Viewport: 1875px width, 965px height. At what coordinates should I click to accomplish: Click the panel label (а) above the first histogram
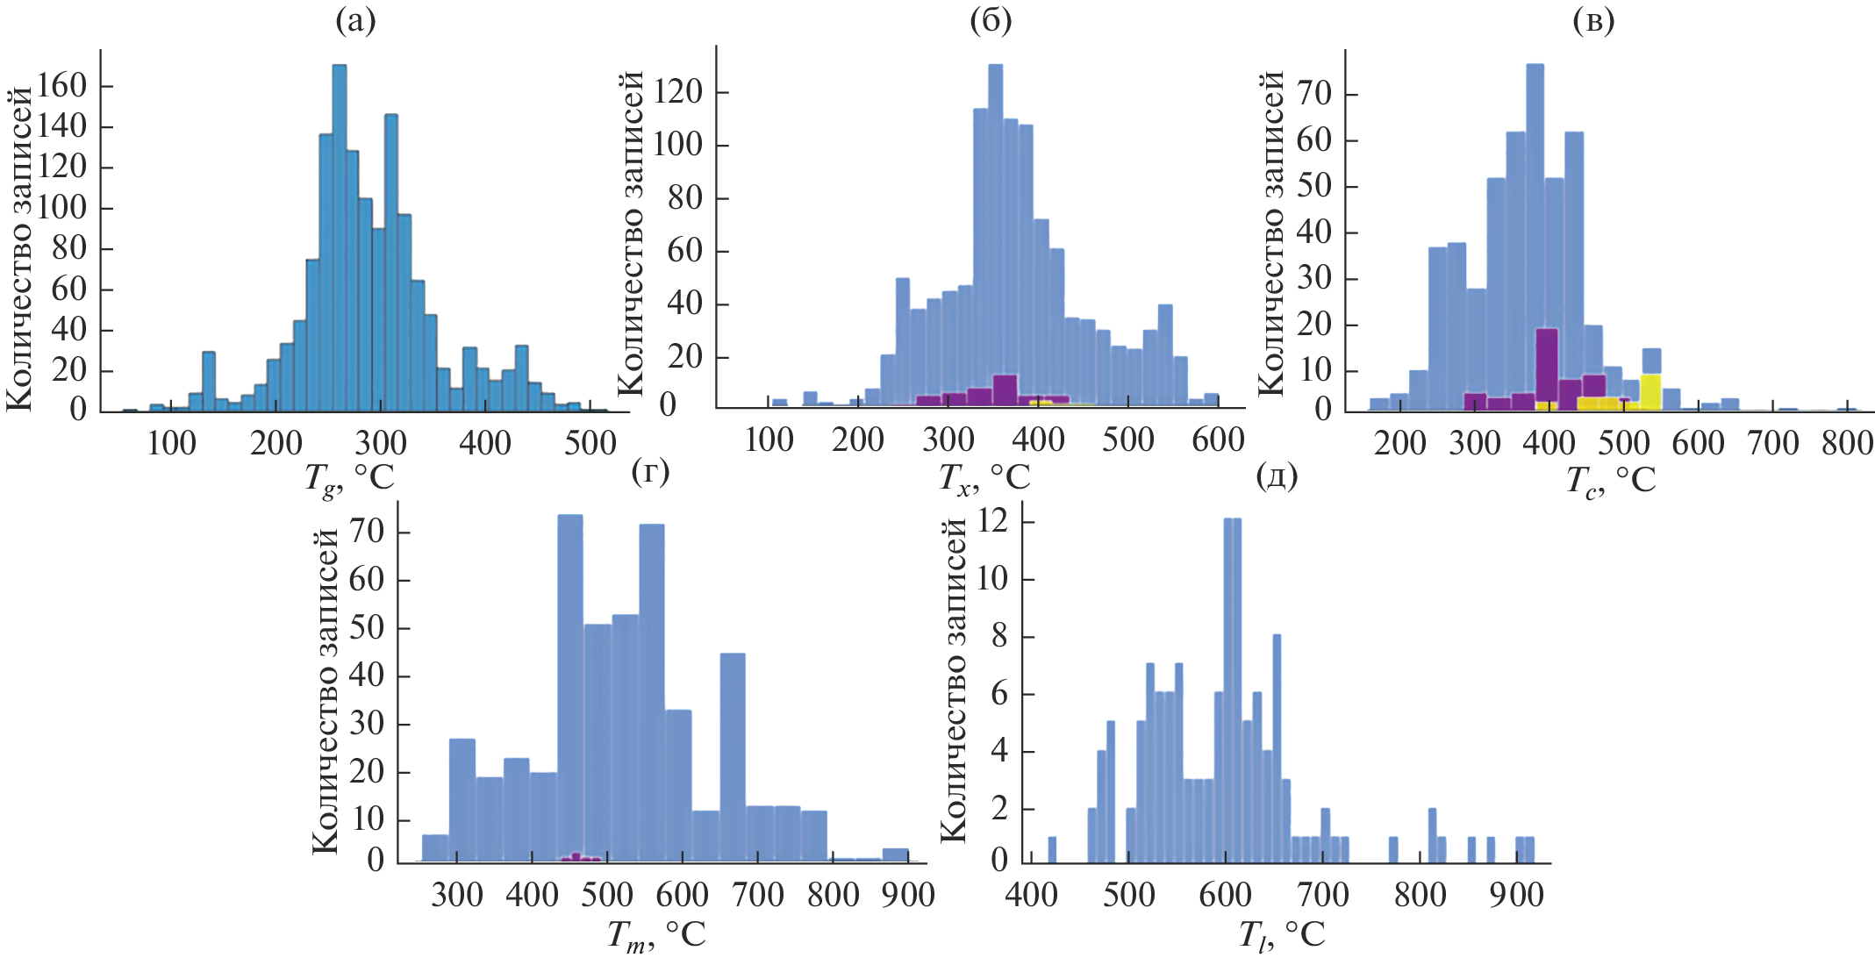[355, 21]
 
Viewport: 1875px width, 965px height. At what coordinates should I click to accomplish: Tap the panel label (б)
[990, 21]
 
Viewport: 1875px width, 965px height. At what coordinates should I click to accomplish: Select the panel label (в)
[1593, 21]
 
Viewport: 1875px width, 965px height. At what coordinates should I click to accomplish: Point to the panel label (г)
[650, 472]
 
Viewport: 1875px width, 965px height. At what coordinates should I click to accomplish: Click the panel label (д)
[1277, 476]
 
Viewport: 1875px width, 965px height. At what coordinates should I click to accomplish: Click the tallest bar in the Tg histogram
[340, 237]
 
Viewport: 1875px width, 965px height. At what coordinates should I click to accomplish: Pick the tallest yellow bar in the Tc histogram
[1650, 391]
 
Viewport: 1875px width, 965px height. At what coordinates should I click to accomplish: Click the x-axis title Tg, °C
[349, 479]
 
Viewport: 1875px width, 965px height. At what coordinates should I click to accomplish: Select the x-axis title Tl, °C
[1281, 935]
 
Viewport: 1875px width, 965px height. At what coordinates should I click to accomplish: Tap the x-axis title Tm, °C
[656, 935]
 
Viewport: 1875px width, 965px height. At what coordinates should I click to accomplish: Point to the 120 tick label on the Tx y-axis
[678, 91]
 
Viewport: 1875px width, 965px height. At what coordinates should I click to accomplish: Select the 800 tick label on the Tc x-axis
[1847, 443]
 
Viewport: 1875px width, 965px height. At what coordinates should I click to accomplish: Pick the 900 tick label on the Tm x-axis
[908, 895]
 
